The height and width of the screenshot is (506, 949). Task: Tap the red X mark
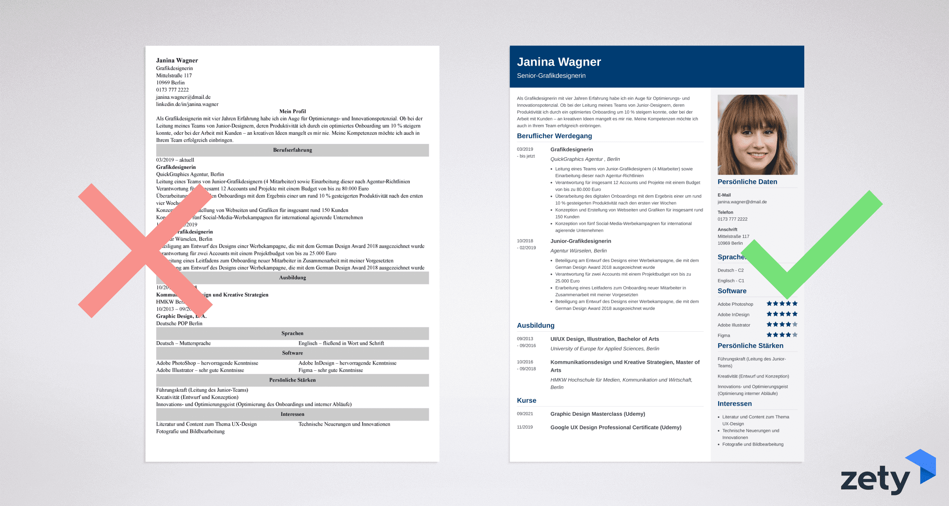145,250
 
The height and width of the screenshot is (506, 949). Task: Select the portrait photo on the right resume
757,134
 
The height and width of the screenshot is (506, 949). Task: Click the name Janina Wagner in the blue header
559,62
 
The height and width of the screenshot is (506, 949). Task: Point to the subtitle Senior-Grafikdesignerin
551,76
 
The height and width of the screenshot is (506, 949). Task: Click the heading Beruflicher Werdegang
554,136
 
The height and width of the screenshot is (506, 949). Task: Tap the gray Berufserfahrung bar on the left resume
292,150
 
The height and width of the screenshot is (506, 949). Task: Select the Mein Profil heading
292,111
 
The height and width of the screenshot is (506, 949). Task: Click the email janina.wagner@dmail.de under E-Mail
742,202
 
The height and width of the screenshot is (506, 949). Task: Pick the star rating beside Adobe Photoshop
782,304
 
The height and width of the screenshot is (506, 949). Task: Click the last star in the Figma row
795,335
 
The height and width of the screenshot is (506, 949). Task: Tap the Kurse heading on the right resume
526,400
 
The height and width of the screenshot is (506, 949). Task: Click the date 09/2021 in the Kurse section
525,414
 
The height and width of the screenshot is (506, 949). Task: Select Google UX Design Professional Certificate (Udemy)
616,427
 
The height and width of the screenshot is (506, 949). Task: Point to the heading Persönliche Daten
747,182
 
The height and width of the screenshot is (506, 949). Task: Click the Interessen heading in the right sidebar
734,404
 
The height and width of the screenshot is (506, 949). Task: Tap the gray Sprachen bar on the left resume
292,334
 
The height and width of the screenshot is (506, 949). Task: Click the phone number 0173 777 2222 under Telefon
732,219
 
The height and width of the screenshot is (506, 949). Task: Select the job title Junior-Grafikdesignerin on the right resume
580,241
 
